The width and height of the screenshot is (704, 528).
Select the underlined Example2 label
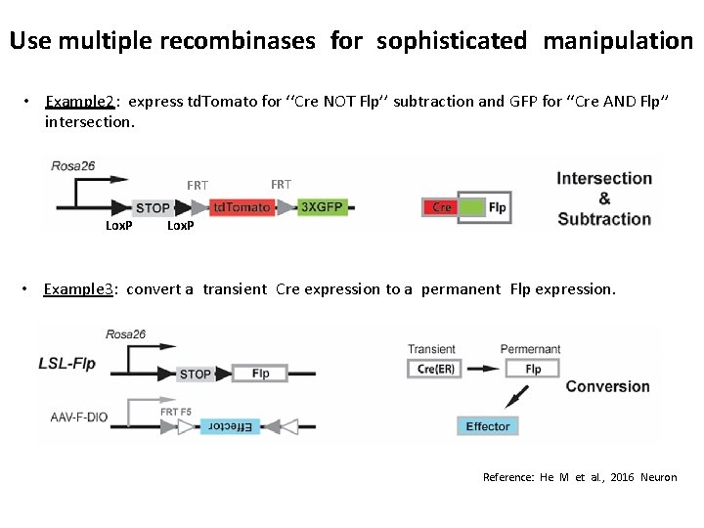82,101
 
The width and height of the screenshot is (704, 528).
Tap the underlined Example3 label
81,288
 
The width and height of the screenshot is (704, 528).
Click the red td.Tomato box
242,207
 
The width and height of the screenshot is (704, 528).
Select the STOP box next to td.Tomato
154,207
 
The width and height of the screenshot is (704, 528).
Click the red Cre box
442,207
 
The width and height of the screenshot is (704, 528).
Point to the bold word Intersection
604,178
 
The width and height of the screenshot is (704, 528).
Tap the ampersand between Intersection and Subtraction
604,198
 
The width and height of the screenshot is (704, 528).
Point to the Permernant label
530,349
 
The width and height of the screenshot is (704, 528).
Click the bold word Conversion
607,386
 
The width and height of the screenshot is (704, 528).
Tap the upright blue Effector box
487,426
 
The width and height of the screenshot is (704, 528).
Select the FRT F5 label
177,412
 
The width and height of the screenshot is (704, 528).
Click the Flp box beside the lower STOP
260,374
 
